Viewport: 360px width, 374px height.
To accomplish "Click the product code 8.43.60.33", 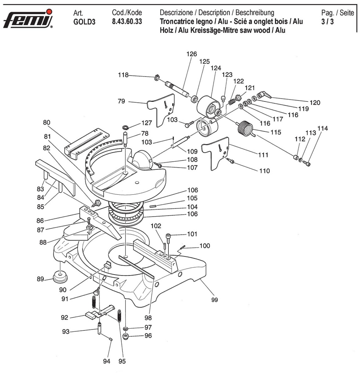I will pyautogui.click(x=127, y=22).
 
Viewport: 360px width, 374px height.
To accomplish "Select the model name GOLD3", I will pyautogui.click(x=84, y=22).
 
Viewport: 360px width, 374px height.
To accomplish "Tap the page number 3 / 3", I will pyautogui.click(x=327, y=22).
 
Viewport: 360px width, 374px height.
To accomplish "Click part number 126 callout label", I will pyautogui.click(x=192, y=54).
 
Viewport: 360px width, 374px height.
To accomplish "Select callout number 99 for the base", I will pyautogui.click(x=214, y=300).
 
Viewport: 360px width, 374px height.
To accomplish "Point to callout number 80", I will pyautogui.click(x=47, y=123).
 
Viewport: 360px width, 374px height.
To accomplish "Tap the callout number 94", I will pyautogui.click(x=107, y=361).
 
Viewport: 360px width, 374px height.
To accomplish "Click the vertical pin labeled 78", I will pyautogui.click(x=125, y=139).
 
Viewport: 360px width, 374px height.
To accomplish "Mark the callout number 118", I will pyautogui.click(x=123, y=75).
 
